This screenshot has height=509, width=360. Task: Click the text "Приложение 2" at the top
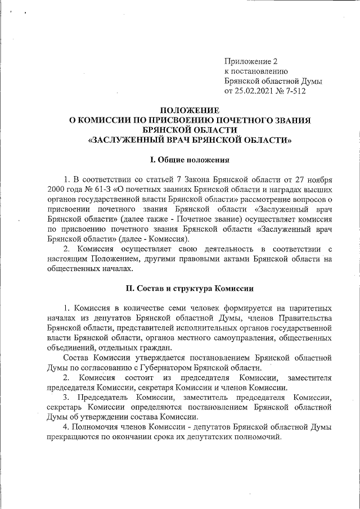click(x=251, y=61)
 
